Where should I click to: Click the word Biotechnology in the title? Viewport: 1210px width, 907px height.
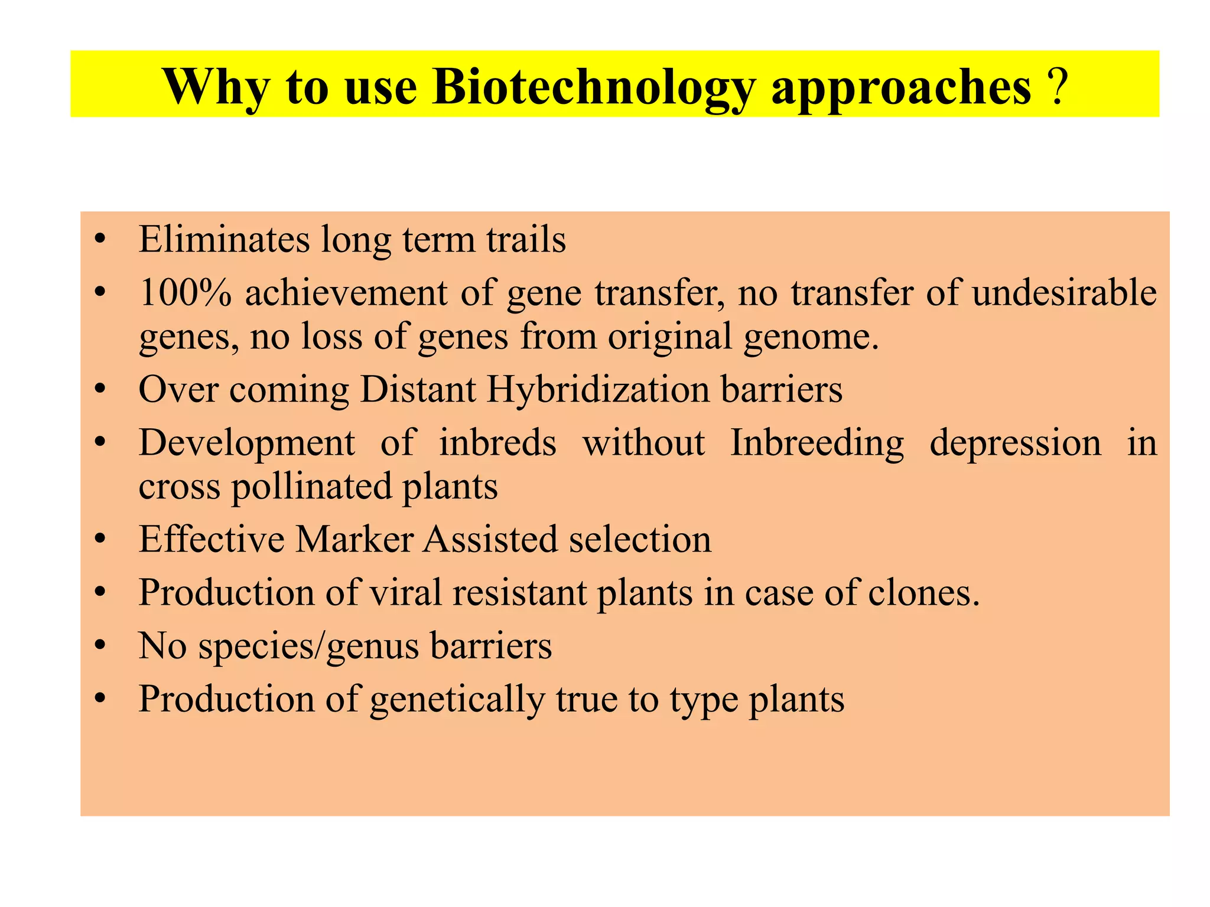pos(593,87)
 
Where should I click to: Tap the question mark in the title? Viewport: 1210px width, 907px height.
pos(1059,87)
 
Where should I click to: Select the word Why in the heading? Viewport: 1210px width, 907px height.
pos(216,87)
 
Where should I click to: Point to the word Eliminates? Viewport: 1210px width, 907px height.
pos(224,239)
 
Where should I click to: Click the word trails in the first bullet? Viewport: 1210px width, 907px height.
pos(526,239)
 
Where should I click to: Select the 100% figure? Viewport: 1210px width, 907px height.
pos(185,293)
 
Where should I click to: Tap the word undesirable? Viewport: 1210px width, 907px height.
pos(1063,293)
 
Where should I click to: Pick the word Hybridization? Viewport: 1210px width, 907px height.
pos(598,390)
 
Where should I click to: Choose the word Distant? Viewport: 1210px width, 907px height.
pos(418,390)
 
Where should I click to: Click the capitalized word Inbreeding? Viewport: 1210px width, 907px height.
pos(817,443)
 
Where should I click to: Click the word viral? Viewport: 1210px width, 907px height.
pos(406,593)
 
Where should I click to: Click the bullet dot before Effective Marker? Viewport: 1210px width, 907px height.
pos(100,540)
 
